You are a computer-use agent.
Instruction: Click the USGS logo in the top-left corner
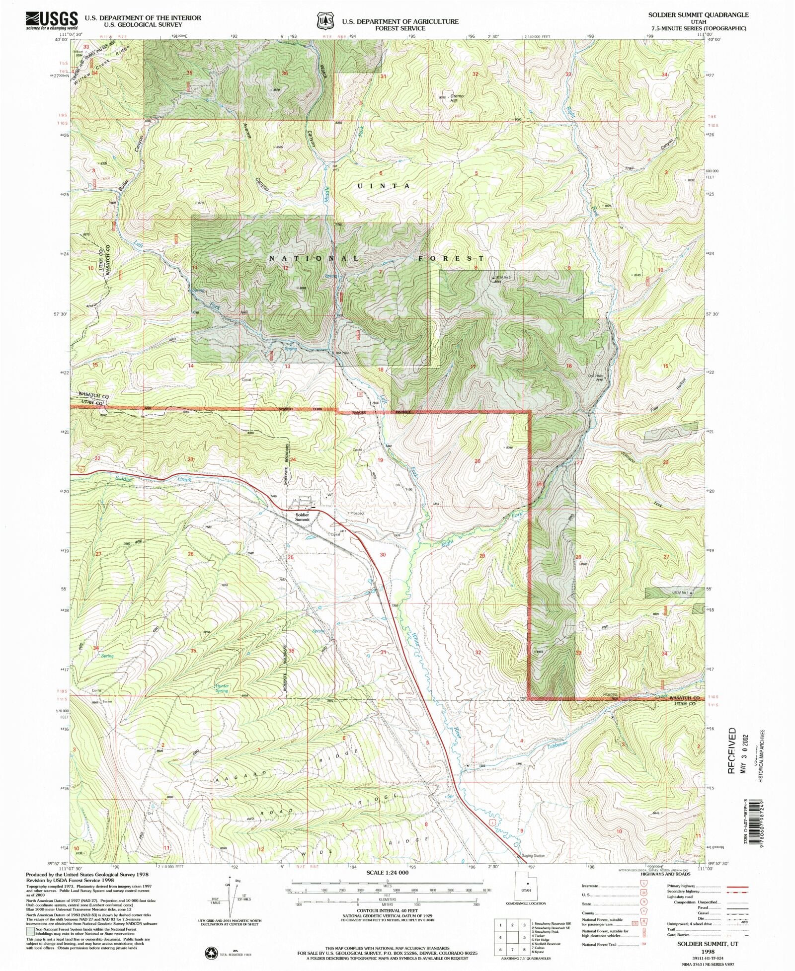(52, 21)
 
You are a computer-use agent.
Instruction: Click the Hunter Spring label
(222, 688)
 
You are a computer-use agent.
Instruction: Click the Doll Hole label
(595, 377)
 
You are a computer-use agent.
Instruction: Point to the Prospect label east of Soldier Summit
(357, 513)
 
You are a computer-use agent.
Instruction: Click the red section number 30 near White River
(383, 555)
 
